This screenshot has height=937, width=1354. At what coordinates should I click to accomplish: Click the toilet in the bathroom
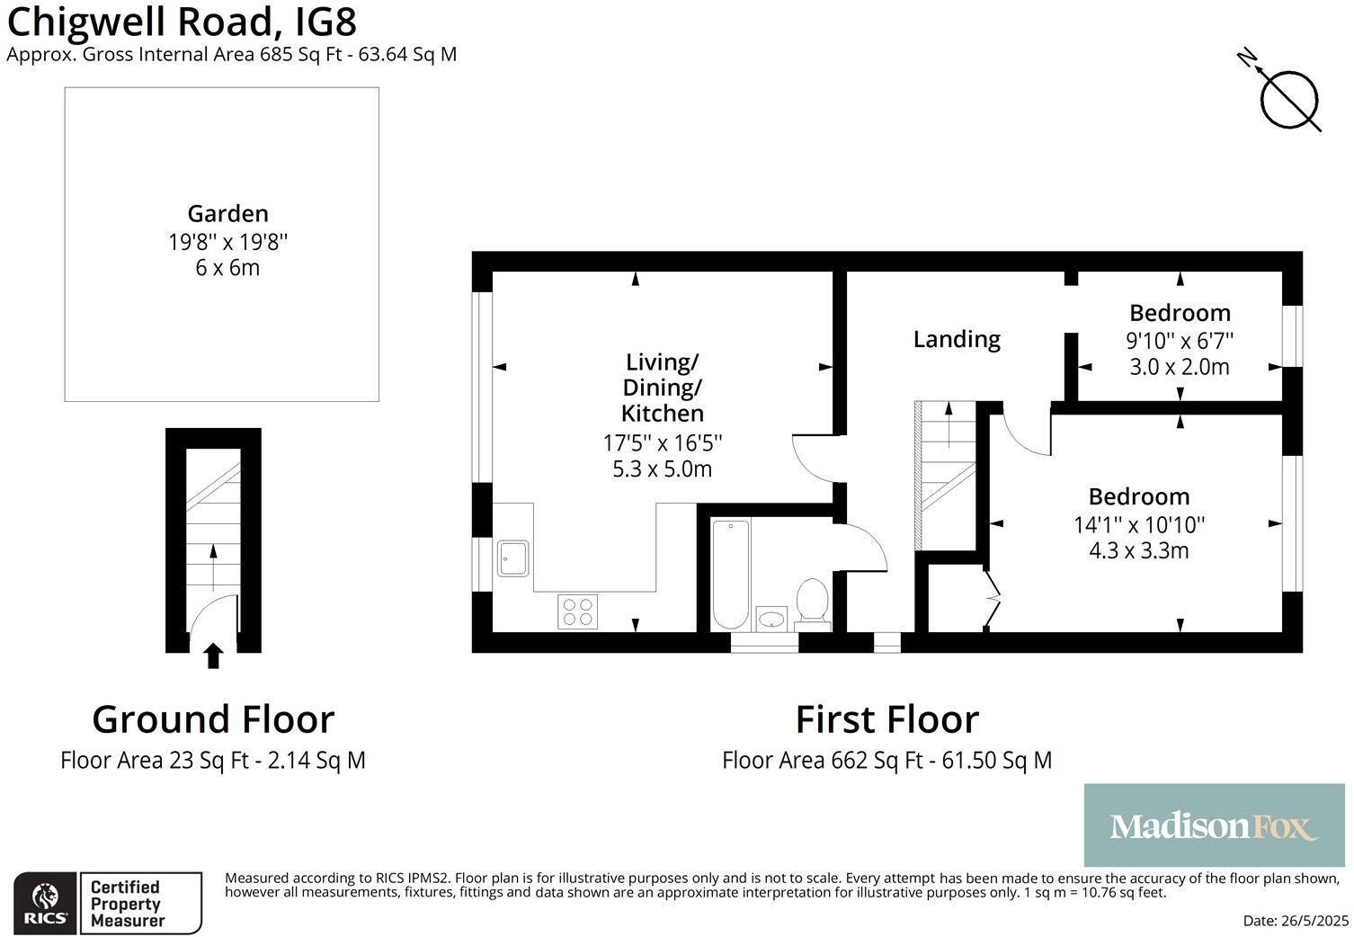click(x=812, y=601)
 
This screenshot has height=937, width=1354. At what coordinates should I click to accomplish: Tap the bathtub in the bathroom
click(x=730, y=575)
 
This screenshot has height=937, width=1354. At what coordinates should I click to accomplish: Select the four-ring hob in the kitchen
click(x=577, y=611)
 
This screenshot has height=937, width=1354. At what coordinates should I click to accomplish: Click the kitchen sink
click(x=513, y=558)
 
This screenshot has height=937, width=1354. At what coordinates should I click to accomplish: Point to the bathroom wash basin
click(x=771, y=619)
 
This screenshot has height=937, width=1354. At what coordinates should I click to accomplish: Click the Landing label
click(x=957, y=339)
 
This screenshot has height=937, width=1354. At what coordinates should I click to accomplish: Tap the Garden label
click(x=227, y=214)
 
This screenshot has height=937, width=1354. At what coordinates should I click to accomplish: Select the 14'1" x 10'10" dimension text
click(x=1139, y=523)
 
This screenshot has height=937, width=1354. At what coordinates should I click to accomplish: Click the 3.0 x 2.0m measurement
click(x=1180, y=367)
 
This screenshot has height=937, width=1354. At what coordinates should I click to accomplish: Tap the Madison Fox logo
click(x=1214, y=825)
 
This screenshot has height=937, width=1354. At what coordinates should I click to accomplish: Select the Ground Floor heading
click(x=213, y=719)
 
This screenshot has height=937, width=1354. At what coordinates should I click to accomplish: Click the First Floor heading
click(x=886, y=719)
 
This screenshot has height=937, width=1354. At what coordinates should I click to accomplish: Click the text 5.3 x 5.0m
click(x=662, y=468)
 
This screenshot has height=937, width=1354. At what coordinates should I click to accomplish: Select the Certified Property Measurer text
click(x=127, y=904)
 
